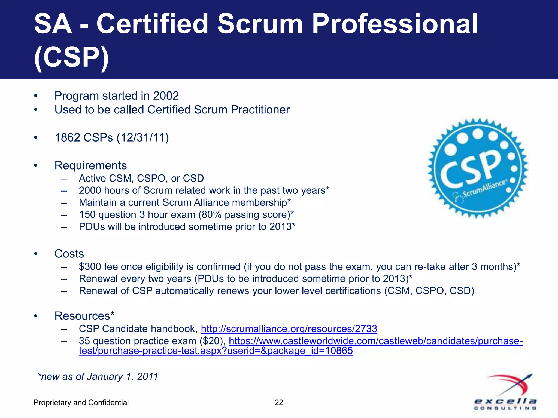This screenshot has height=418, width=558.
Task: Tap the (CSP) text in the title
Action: (x=71, y=57)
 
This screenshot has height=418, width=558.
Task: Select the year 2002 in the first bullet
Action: (x=166, y=96)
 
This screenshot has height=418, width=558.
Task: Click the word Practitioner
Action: (x=260, y=110)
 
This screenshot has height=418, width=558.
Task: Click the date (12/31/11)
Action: (x=142, y=138)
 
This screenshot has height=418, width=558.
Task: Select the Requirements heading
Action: (x=90, y=165)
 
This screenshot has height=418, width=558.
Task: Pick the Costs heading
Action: (x=69, y=254)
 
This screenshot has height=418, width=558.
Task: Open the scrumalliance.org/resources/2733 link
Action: (x=289, y=329)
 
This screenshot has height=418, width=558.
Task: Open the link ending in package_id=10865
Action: (x=216, y=351)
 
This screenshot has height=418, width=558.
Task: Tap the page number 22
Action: (x=279, y=402)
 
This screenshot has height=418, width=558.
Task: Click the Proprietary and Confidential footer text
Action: (x=81, y=402)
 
